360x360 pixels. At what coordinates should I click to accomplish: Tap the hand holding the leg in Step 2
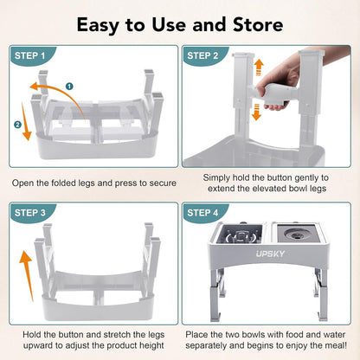(x=279, y=90)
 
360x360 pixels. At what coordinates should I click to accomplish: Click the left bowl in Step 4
(x=241, y=236)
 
